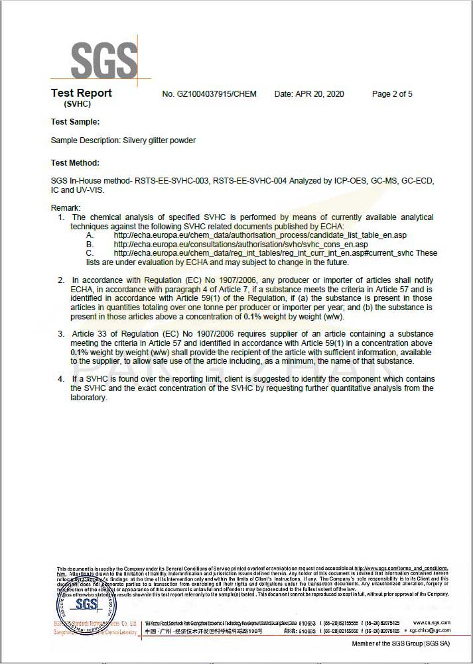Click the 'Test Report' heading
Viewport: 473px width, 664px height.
pyautogui.click(x=81, y=93)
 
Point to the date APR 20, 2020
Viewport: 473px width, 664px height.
pyautogui.click(x=309, y=94)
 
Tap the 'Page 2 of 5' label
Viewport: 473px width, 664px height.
pyautogui.click(x=392, y=94)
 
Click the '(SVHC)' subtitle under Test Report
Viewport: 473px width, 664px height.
pyautogui.click(x=78, y=105)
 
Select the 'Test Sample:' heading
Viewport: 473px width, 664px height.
pyautogui.click(x=75, y=122)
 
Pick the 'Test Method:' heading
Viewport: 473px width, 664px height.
pyautogui.click(x=75, y=163)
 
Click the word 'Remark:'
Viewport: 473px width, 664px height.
pyautogui.click(x=65, y=208)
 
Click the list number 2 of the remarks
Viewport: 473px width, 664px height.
pyautogui.click(x=61, y=280)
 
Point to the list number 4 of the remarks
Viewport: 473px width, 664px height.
pyautogui.click(x=61, y=379)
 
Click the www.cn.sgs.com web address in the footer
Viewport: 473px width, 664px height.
pyautogui.click(x=431, y=623)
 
